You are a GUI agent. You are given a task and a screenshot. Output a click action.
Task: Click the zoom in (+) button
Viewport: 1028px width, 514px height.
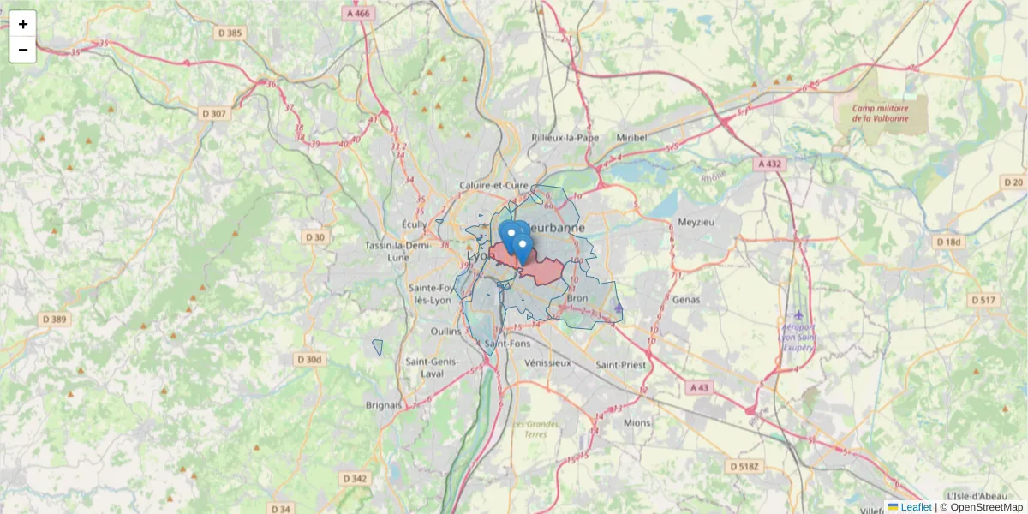[23, 24]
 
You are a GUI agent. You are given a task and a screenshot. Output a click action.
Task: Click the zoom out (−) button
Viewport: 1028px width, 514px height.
[23, 50]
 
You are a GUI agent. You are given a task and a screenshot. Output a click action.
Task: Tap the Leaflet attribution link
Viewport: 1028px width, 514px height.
[916, 507]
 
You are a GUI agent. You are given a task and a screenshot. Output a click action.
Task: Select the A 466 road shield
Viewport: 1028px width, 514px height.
[358, 14]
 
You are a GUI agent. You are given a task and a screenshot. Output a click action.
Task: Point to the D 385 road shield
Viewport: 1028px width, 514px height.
[229, 33]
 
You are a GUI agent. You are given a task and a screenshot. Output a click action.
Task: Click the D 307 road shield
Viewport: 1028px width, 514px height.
[214, 113]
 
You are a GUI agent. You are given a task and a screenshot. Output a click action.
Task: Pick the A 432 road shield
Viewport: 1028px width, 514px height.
[770, 163]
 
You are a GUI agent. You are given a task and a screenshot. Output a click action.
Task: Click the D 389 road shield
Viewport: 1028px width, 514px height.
[55, 319]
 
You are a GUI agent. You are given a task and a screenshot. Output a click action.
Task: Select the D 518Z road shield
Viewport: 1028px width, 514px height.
[744, 467]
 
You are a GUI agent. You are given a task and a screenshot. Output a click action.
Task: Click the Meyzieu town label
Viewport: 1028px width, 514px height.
[695, 223]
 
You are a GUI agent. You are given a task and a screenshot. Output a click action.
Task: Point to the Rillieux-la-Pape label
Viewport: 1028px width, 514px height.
[565, 137]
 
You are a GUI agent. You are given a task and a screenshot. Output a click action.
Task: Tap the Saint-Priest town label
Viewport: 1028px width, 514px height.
[621, 364]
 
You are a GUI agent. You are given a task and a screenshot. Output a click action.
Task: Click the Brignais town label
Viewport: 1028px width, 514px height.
[384, 404]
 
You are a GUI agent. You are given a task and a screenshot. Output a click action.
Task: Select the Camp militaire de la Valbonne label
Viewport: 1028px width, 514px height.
[880, 113]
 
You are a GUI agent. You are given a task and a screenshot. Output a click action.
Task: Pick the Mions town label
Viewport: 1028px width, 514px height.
[637, 422]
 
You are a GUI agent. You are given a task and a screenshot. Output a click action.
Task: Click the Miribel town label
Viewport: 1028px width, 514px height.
[631, 137]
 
